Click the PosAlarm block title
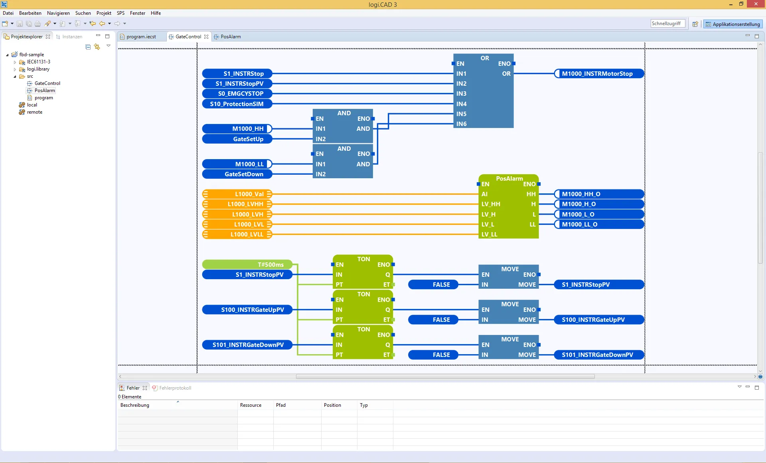pyautogui.click(x=509, y=179)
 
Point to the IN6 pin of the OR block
pyautogui.click(x=462, y=124)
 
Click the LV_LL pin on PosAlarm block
pyautogui.click(x=490, y=234)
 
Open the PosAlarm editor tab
pyautogui.click(x=230, y=37)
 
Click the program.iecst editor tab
pyautogui.click(x=141, y=37)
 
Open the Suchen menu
pyautogui.click(x=83, y=13)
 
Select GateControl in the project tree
pyautogui.click(x=47, y=83)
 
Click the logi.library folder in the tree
pyautogui.click(x=38, y=69)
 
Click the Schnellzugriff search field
pyautogui.click(x=667, y=24)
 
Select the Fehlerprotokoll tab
pyautogui.click(x=175, y=388)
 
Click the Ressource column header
pyautogui.click(x=251, y=405)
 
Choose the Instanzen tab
pyautogui.click(x=72, y=37)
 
